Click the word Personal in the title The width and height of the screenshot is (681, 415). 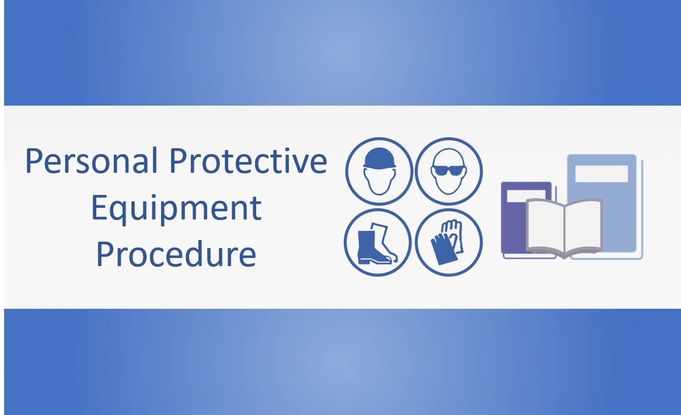(92, 161)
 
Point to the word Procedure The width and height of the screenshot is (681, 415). (176, 254)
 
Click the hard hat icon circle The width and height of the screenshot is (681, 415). (379, 172)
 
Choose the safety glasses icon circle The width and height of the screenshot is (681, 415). (449, 172)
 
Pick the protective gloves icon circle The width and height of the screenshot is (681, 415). (449, 242)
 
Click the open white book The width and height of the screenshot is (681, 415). (564, 228)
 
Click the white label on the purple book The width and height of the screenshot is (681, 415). (525, 197)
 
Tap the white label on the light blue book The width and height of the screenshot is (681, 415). (601, 174)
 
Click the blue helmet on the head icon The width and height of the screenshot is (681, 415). (379, 158)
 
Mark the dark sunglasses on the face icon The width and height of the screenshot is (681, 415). (449, 170)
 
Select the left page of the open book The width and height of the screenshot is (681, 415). (545, 226)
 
